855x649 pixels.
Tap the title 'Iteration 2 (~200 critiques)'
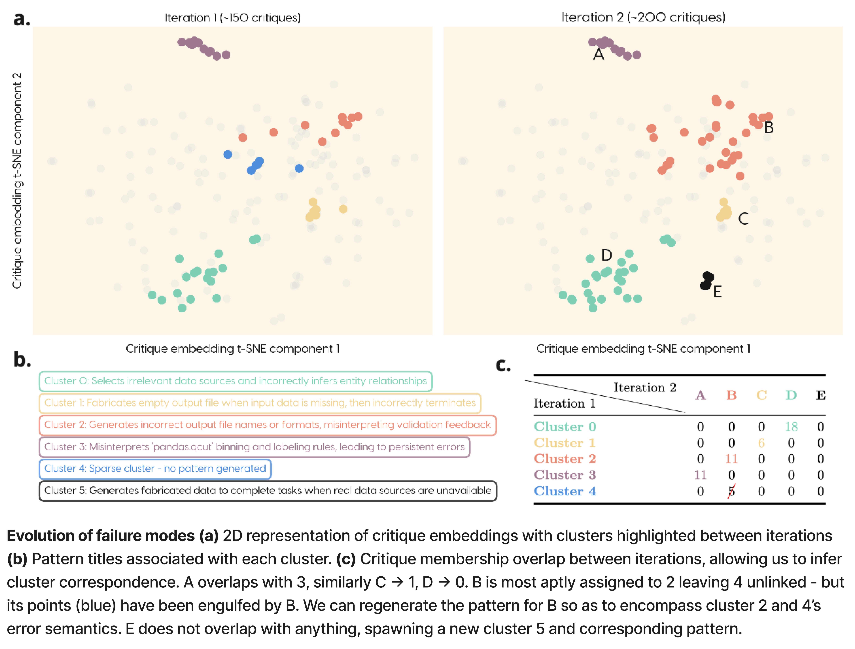pyautogui.click(x=643, y=17)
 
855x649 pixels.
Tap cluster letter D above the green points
pyautogui.click(x=606, y=255)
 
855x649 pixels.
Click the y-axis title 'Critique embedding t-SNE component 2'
pyautogui.click(x=17, y=180)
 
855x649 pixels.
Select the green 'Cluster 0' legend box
pyautogui.click(x=235, y=381)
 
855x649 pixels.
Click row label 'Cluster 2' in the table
pyautogui.click(x=565, y=459)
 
